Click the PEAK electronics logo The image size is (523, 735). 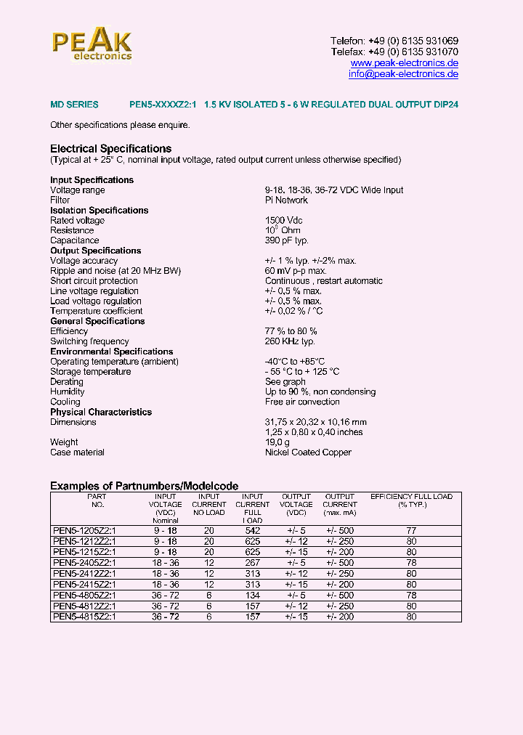(x=92, y=46)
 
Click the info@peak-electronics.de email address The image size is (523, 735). (x=403, y=74)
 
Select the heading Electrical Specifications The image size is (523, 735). (x=110, y=149)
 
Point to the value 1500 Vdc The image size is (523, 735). (x=284, y=221)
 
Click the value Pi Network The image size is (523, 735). (x=286, y=200)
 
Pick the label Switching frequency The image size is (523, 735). (x=89, y=341)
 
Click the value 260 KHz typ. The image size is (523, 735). (x=290, y=341)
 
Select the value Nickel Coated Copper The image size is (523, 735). (x=308, y=452)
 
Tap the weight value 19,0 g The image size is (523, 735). (x=277, y=442)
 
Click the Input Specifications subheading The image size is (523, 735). (x=92, y=180)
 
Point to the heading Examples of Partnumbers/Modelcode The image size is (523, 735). (x=144, y=486)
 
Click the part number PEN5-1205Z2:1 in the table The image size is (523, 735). (x=84, y=531)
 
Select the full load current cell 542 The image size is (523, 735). (x=252, y=531)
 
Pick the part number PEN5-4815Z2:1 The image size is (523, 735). (x=84, y=617)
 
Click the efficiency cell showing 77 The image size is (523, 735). (x=411, y=531)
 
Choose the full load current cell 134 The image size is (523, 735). (x=252, y=596)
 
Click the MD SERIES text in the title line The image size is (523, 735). (x=74, y=105)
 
